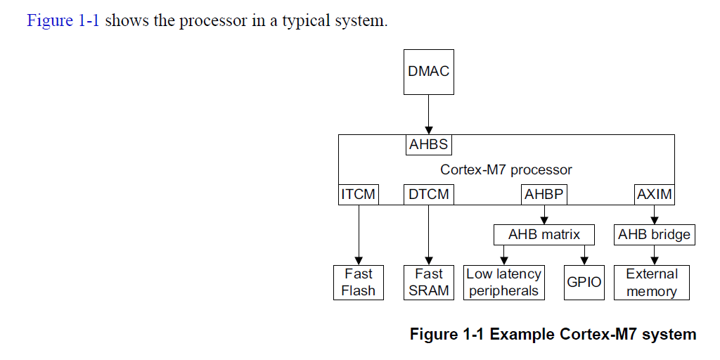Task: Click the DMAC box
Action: coord(428,72)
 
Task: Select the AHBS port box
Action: coord(429,146)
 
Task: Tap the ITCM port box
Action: coord(359,194)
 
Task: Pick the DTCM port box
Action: coord(429,194)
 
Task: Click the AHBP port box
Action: coord(544,194)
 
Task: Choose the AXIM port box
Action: coord(654,194)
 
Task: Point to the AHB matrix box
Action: coord(544,235)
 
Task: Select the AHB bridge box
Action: coord(654,235)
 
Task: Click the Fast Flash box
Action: coord(359,283)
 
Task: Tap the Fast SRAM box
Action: coord(429,283)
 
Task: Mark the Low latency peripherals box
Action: coord(504,283)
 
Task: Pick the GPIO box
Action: coord(584,283)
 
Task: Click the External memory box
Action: coord(652,283)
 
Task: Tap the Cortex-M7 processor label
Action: coord(506,169)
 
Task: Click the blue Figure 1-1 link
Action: coord(64,20)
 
